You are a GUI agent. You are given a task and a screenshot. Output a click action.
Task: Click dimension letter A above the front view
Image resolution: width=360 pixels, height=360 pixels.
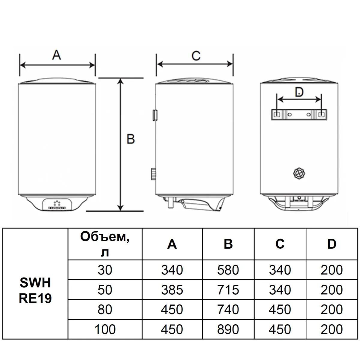pos(56,55)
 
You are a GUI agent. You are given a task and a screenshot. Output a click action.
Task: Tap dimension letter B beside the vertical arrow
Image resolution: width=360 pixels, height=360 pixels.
pos(130,139)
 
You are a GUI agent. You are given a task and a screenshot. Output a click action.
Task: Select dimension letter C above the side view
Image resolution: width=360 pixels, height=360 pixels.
pos(196,56)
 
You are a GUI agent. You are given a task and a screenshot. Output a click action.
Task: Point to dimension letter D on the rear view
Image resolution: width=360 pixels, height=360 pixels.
pos(299,92)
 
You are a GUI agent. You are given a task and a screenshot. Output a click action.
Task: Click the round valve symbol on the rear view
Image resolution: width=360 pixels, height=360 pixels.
pos(299,174)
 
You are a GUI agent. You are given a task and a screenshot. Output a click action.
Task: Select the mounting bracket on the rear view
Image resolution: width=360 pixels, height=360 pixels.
pos(299,114)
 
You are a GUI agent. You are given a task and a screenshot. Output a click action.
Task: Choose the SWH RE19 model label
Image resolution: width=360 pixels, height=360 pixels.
pos(35,293)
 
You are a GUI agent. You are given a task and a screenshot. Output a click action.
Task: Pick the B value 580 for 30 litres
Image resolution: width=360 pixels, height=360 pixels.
pos(228,270)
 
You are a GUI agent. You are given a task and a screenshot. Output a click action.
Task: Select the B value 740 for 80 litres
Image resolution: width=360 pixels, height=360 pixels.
pos(228,309)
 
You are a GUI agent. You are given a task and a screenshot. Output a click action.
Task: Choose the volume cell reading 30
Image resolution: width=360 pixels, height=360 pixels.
pos(105,270)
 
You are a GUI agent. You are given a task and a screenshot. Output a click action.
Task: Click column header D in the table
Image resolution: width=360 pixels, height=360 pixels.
pos(331,244)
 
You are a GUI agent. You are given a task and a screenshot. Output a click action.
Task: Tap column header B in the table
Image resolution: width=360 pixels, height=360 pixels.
pos(228,244)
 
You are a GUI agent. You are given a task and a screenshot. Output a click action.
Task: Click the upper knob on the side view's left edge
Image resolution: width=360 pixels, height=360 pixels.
pos(155,115)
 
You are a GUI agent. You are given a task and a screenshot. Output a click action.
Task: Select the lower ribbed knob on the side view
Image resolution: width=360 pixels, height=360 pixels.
pos(154,174)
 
